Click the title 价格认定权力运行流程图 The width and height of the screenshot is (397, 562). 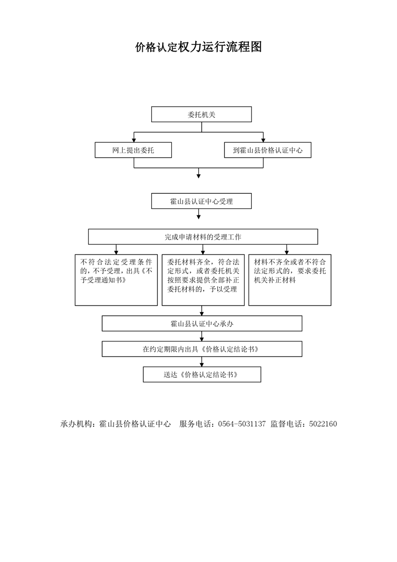198,47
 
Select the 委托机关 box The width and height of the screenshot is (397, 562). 201,114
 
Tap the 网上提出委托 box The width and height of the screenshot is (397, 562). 133,150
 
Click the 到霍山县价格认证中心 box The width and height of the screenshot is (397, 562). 268,150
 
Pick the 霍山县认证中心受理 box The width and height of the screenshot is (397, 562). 201,201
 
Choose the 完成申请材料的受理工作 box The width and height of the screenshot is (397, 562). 203,237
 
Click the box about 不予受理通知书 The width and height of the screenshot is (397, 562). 116,280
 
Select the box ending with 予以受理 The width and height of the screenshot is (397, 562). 203,280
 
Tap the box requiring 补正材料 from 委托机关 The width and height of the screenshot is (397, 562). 290,280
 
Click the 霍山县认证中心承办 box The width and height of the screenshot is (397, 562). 202,324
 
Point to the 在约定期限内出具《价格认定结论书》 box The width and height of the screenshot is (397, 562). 202,349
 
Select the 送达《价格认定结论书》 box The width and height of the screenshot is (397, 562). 202,374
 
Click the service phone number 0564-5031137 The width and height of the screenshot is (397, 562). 242,424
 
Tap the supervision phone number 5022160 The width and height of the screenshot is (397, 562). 323,424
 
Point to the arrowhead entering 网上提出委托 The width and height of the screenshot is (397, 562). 134,140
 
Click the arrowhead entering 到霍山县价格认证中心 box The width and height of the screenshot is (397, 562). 263,140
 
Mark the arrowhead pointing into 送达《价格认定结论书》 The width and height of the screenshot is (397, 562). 202,364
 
